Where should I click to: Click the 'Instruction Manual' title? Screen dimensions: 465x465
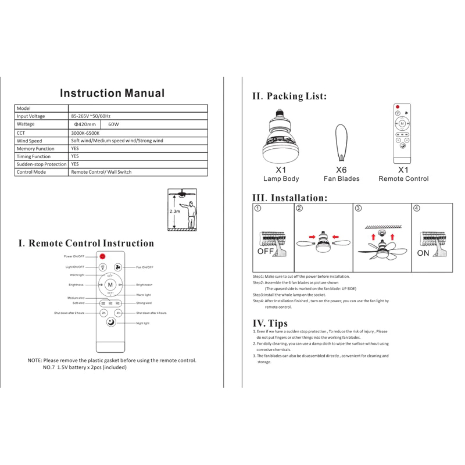[x=112, y=93]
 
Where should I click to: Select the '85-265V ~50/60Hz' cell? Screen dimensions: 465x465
[x=91, y=116]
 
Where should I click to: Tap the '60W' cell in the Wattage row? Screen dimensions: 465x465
[x=113, y=124]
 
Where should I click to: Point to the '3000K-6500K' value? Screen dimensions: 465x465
[x=85, y=133]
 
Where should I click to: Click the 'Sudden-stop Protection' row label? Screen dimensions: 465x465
[x=41, y=164]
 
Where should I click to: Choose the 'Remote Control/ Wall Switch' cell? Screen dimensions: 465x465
[x=101, y=172]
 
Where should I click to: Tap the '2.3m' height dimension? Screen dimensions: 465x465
[x=174, y=212]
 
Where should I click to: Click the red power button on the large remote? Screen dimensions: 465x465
[x=102, y=256]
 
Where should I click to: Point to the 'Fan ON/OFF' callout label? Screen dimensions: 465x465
[x=144, y=267]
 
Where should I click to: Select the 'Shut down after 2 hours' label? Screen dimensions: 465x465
[x=69, y=313]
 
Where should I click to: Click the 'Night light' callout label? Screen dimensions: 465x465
[x=143, y=323]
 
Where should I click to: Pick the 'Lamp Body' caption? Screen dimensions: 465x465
[x=281, y=179]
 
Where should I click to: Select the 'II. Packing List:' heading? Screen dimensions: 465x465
[x=289, y=96]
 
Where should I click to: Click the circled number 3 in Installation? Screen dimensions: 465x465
[x=358, y=208]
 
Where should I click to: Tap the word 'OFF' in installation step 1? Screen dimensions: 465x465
[x=265, y=252]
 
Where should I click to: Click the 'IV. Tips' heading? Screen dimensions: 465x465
[x=270, y=323]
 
